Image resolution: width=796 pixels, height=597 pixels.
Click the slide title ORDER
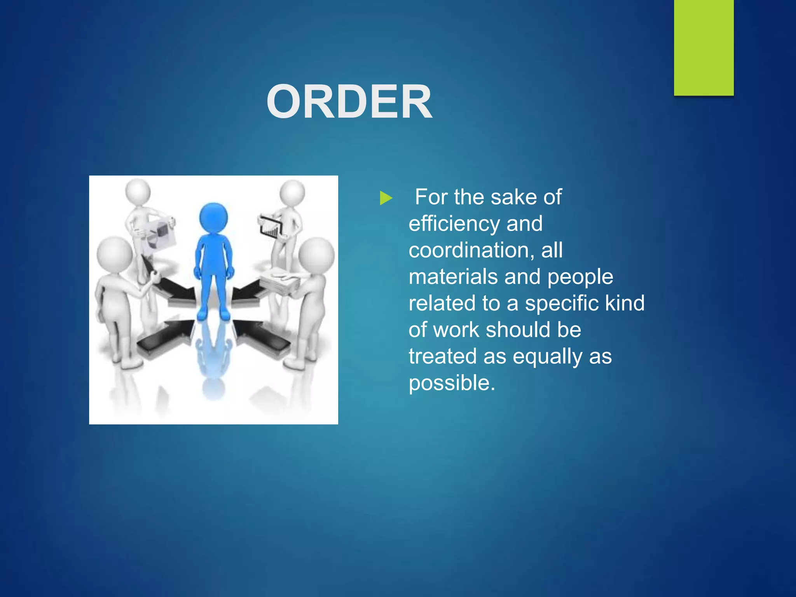tap(349, 102)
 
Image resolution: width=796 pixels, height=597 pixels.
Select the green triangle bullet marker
tap(386, 198)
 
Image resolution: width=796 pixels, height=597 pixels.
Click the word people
tap(580, 277)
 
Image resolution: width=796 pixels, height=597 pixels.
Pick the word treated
tap(442, 356)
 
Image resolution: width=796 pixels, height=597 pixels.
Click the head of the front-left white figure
tap(114, 255)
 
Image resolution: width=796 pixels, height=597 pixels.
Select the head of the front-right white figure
tap(316, 255)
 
